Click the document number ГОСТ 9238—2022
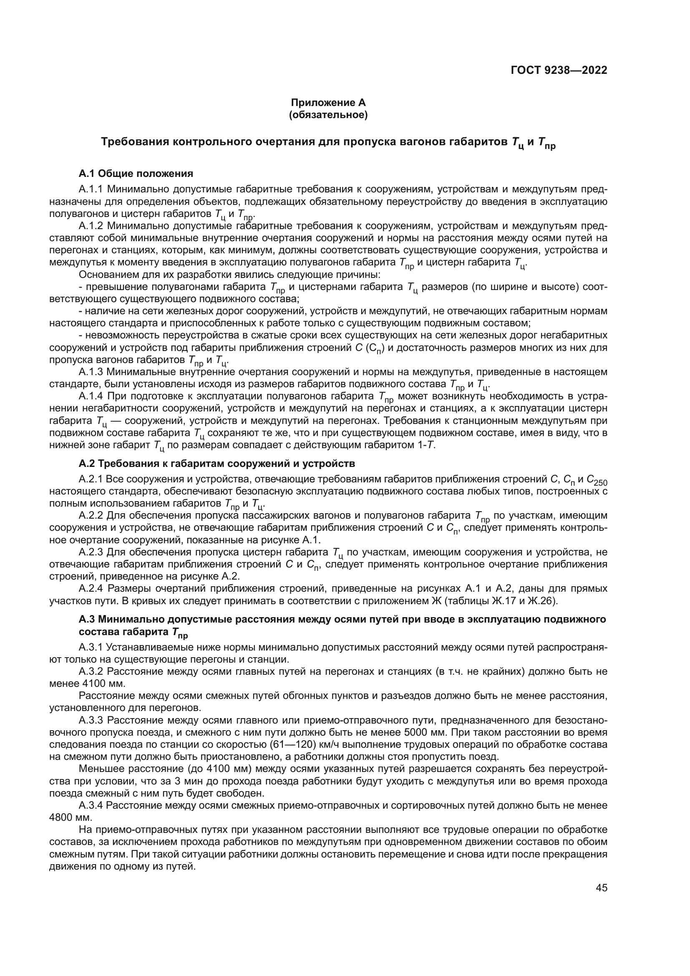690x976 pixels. [x=559, y=70]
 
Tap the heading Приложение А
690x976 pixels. [x=328, y=103]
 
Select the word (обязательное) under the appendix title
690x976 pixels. [x=328, y=114]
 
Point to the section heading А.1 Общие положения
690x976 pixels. [x=136, y=174]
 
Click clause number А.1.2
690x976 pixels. [x=91, y=226]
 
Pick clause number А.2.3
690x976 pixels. [x=91, y=552]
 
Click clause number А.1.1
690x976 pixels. [x=91, y=189]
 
